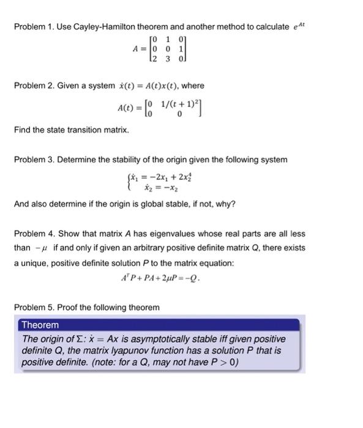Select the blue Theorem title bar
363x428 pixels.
(160, 325)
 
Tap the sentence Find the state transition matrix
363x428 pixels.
(72, 130)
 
